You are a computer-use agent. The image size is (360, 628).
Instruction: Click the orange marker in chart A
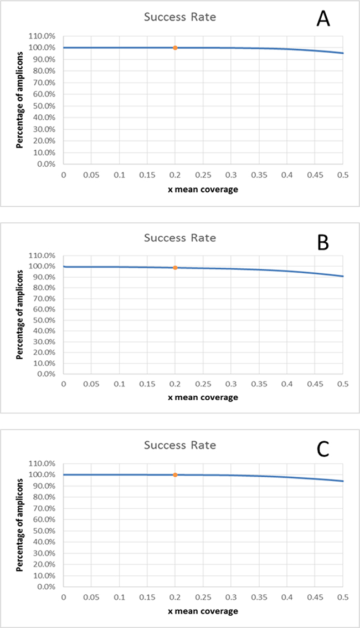pos(175,48)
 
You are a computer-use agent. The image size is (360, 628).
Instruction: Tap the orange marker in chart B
pos(175,268)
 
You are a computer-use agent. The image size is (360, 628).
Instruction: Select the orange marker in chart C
pos(175,475)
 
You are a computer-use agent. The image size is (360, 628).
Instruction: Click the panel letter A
pos(323,20)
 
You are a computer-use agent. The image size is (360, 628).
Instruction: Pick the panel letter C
pos(323,448)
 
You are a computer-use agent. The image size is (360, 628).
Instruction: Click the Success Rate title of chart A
pos(180,17)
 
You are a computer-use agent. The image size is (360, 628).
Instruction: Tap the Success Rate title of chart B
pos(180,238)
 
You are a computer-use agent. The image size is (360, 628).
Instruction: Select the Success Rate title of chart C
pos(180,445)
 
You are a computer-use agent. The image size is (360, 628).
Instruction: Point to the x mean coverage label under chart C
pos(203,611)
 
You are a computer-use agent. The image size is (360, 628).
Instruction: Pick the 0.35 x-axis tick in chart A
pos(259,176)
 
